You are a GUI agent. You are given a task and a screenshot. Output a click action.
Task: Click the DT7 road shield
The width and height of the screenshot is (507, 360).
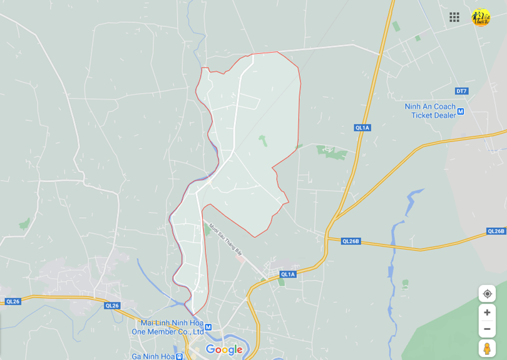tap(461, 91)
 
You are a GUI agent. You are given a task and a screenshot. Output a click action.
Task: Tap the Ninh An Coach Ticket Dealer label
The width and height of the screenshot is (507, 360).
tap(430, 111)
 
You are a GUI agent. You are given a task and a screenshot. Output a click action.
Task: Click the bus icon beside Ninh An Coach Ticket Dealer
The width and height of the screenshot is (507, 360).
tap(461, 111)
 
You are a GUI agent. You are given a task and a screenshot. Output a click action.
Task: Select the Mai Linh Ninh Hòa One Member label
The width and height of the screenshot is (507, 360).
tap(168, 327)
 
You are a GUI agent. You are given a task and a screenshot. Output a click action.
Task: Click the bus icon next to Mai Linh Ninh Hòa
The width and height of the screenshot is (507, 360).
tap(208, 327)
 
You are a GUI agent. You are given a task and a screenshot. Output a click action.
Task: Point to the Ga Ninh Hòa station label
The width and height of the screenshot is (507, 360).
tap(153, 356)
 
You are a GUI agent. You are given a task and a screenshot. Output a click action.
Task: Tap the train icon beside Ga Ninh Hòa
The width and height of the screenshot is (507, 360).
tap(180, 356)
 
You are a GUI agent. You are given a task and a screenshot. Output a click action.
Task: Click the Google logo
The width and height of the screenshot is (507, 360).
tap(224, 349)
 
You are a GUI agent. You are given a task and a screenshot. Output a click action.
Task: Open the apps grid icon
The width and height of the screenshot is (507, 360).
tap(454, 17)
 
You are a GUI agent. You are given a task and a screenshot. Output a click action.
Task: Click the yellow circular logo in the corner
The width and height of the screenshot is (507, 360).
tap(481, 18)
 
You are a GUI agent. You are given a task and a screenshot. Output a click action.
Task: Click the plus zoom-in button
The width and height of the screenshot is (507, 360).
tap(487, 312)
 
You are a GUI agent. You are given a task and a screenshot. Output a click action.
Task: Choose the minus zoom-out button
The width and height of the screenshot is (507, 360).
tap(487, 329)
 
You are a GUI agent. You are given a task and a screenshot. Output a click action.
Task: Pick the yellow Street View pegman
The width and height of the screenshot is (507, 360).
tap(487, 348)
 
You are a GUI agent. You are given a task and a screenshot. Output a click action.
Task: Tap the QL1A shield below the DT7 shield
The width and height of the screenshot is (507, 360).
tap(362, 128)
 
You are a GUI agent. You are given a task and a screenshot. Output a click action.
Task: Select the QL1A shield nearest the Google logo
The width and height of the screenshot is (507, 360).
tap(287, 274)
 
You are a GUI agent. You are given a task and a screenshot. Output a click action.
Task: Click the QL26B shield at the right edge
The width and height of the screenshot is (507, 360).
tap(496, 231)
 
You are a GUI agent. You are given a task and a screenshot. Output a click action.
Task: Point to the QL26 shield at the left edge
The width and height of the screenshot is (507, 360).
tap(13, 301)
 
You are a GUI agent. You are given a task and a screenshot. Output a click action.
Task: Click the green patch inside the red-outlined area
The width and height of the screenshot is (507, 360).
tap(263, 140)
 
